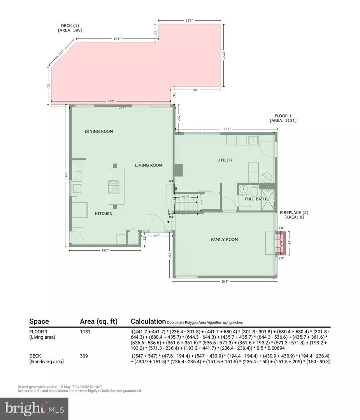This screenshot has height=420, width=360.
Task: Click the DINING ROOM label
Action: tap(99, 131)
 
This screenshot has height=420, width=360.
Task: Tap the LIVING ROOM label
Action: tap(148, 165)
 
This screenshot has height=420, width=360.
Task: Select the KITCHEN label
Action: tap(104, 213)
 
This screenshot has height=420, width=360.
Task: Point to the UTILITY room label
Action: tap(225, 160)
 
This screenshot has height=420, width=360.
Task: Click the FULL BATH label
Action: tap(255, 199)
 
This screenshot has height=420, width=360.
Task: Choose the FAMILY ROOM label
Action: tap(225, 240)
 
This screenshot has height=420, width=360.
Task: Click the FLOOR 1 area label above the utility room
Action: tap(283, 116)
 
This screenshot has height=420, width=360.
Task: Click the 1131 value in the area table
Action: tap(85, 332)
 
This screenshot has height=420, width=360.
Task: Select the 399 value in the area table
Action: tap(84, 356)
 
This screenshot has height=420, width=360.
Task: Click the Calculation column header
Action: tap(148, 322)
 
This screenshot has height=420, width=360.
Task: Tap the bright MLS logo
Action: tap(34, 408)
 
